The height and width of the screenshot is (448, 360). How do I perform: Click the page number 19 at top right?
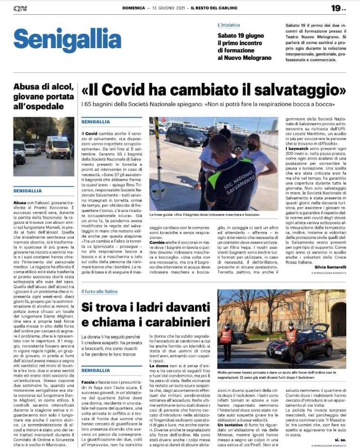[x=336, y=8]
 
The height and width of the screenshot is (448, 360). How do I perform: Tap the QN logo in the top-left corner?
[x=20, y=8]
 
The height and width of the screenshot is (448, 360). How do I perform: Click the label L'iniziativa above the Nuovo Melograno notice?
[x=229, y=24]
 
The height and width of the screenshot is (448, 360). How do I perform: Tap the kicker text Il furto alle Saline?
[x=101, y=290]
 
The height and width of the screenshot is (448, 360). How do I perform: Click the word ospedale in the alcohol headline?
[x=46, y=106]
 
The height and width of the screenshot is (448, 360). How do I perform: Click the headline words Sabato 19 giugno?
[x=240, y=35]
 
